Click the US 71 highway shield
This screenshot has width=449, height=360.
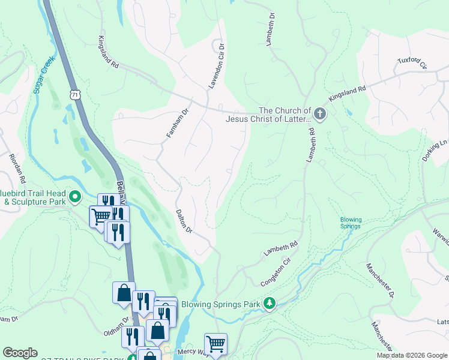click(74, 95)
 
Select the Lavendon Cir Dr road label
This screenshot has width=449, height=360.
click(216, 65)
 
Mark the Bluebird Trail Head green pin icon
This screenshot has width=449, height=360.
click(75, 196)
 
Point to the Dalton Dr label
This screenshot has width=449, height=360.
click(184, 221)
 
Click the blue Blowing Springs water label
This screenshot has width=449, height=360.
click(351, 223)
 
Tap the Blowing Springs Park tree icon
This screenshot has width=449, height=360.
click(271, 304)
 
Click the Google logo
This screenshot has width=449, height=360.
click(20, 353)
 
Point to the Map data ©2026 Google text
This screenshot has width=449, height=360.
click(412, 355)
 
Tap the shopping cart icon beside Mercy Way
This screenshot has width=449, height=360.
click(215, 344)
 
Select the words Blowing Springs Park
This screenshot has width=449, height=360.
click(221, 304)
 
